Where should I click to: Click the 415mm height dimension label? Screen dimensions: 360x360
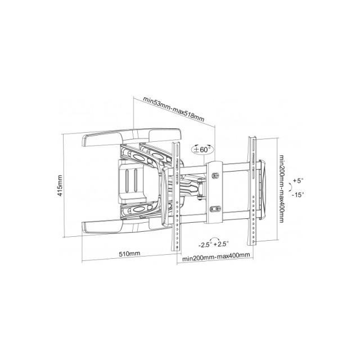[x=60, y=186]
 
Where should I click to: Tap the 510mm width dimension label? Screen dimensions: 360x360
[x=129, y=254]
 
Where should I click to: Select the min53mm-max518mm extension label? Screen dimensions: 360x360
[x=174, y=109]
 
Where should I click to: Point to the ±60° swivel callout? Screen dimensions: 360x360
[x=202, y=150]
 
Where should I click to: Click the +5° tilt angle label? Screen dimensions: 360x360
[x=298, y=181]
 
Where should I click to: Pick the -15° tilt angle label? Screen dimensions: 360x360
[x=298, y=195]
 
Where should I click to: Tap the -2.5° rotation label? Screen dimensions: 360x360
[x=204, y=245]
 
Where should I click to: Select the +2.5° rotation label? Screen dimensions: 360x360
[x=221, y=244]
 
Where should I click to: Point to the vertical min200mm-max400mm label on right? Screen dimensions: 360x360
[x=281, y=189]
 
